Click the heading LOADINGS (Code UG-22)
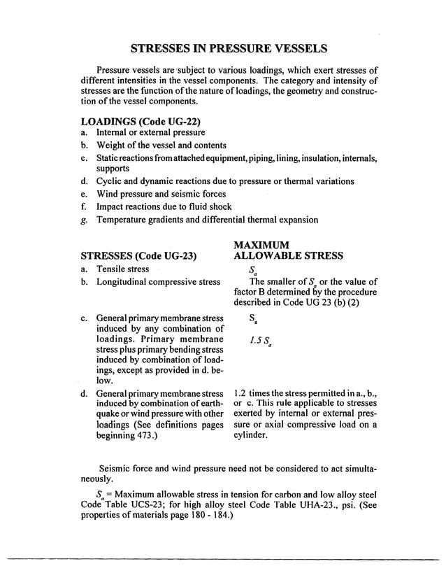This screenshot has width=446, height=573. point(136,121)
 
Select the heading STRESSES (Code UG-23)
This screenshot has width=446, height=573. point(139,255)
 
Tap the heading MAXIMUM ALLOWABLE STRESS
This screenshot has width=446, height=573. point(288,250)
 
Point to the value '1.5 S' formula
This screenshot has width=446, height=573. point(259,342)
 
